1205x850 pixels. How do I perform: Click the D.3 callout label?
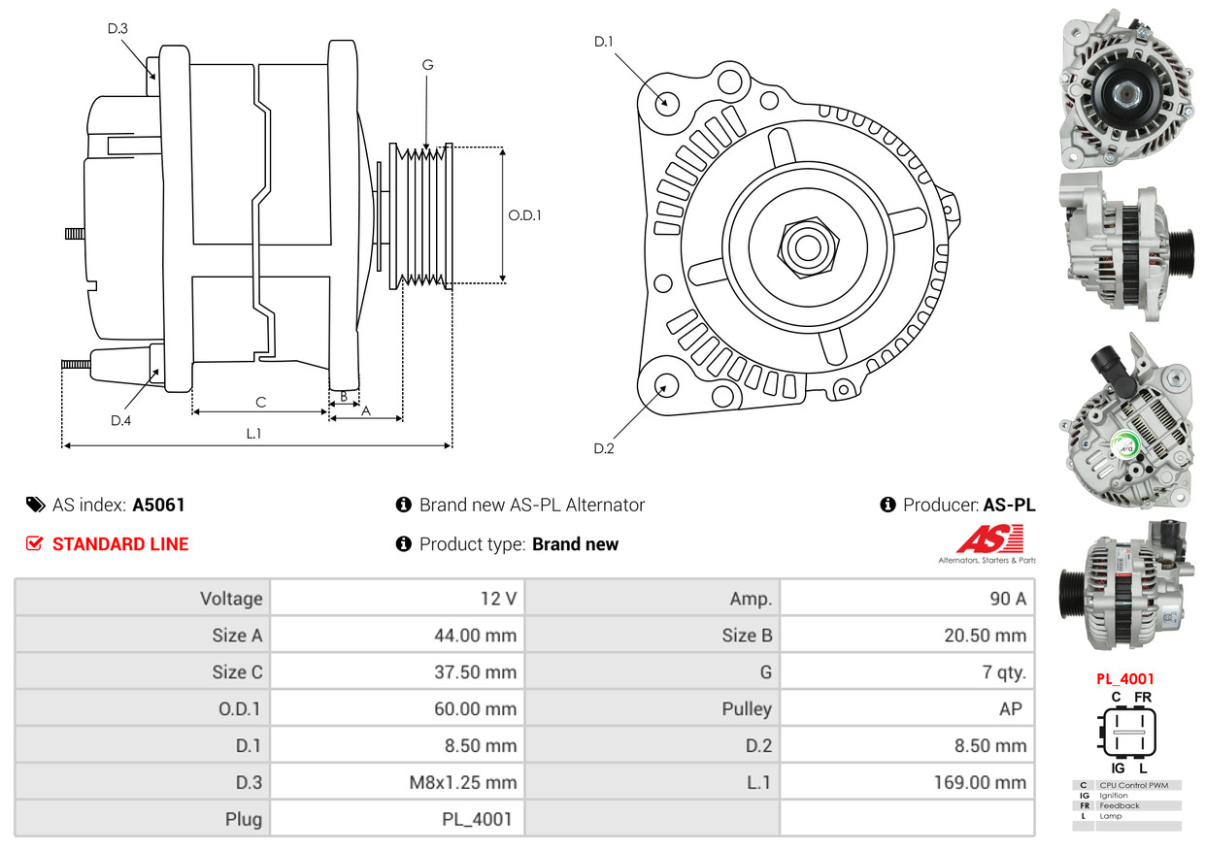pyautogui.click(x=117, y=28)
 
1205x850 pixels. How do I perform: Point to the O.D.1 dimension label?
pyautogui.click(x=524, y=215)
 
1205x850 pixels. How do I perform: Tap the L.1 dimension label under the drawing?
pyautogui.click(x=253, y=434)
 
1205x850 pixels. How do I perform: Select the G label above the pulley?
pyautogui.click(x=427, y=65)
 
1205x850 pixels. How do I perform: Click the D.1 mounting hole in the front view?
pyautogui.click(x=666, y=102)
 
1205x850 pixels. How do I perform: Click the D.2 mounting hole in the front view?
pyautogui.click(x=665, y=385)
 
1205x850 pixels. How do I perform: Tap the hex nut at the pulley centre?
pyautogui.click(x=805, y=245)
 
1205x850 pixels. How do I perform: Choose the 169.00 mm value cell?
pyautogui.click(x=907, y=782)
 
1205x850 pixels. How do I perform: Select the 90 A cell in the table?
pyautogui.click(x=907, y=599)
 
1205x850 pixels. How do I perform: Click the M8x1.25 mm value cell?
pyautogui.click(x=397, y=782)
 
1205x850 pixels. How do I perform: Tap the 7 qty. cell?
pyautogui.click(x=907, y=671)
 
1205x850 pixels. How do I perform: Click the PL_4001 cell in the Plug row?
pyautogui.click(x=397, y=819)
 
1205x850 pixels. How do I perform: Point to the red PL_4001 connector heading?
pyautogui.click(x=1126, y=679)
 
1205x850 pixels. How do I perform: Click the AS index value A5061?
pyautogui.click(x=158, y=505)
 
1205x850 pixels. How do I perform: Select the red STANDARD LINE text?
pyautogui.click(x=120, y=544)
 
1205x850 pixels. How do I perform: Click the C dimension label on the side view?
pyautogui.click(x=260, y=402)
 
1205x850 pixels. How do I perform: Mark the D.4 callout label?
pyautogui.click(x=120, y=420)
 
